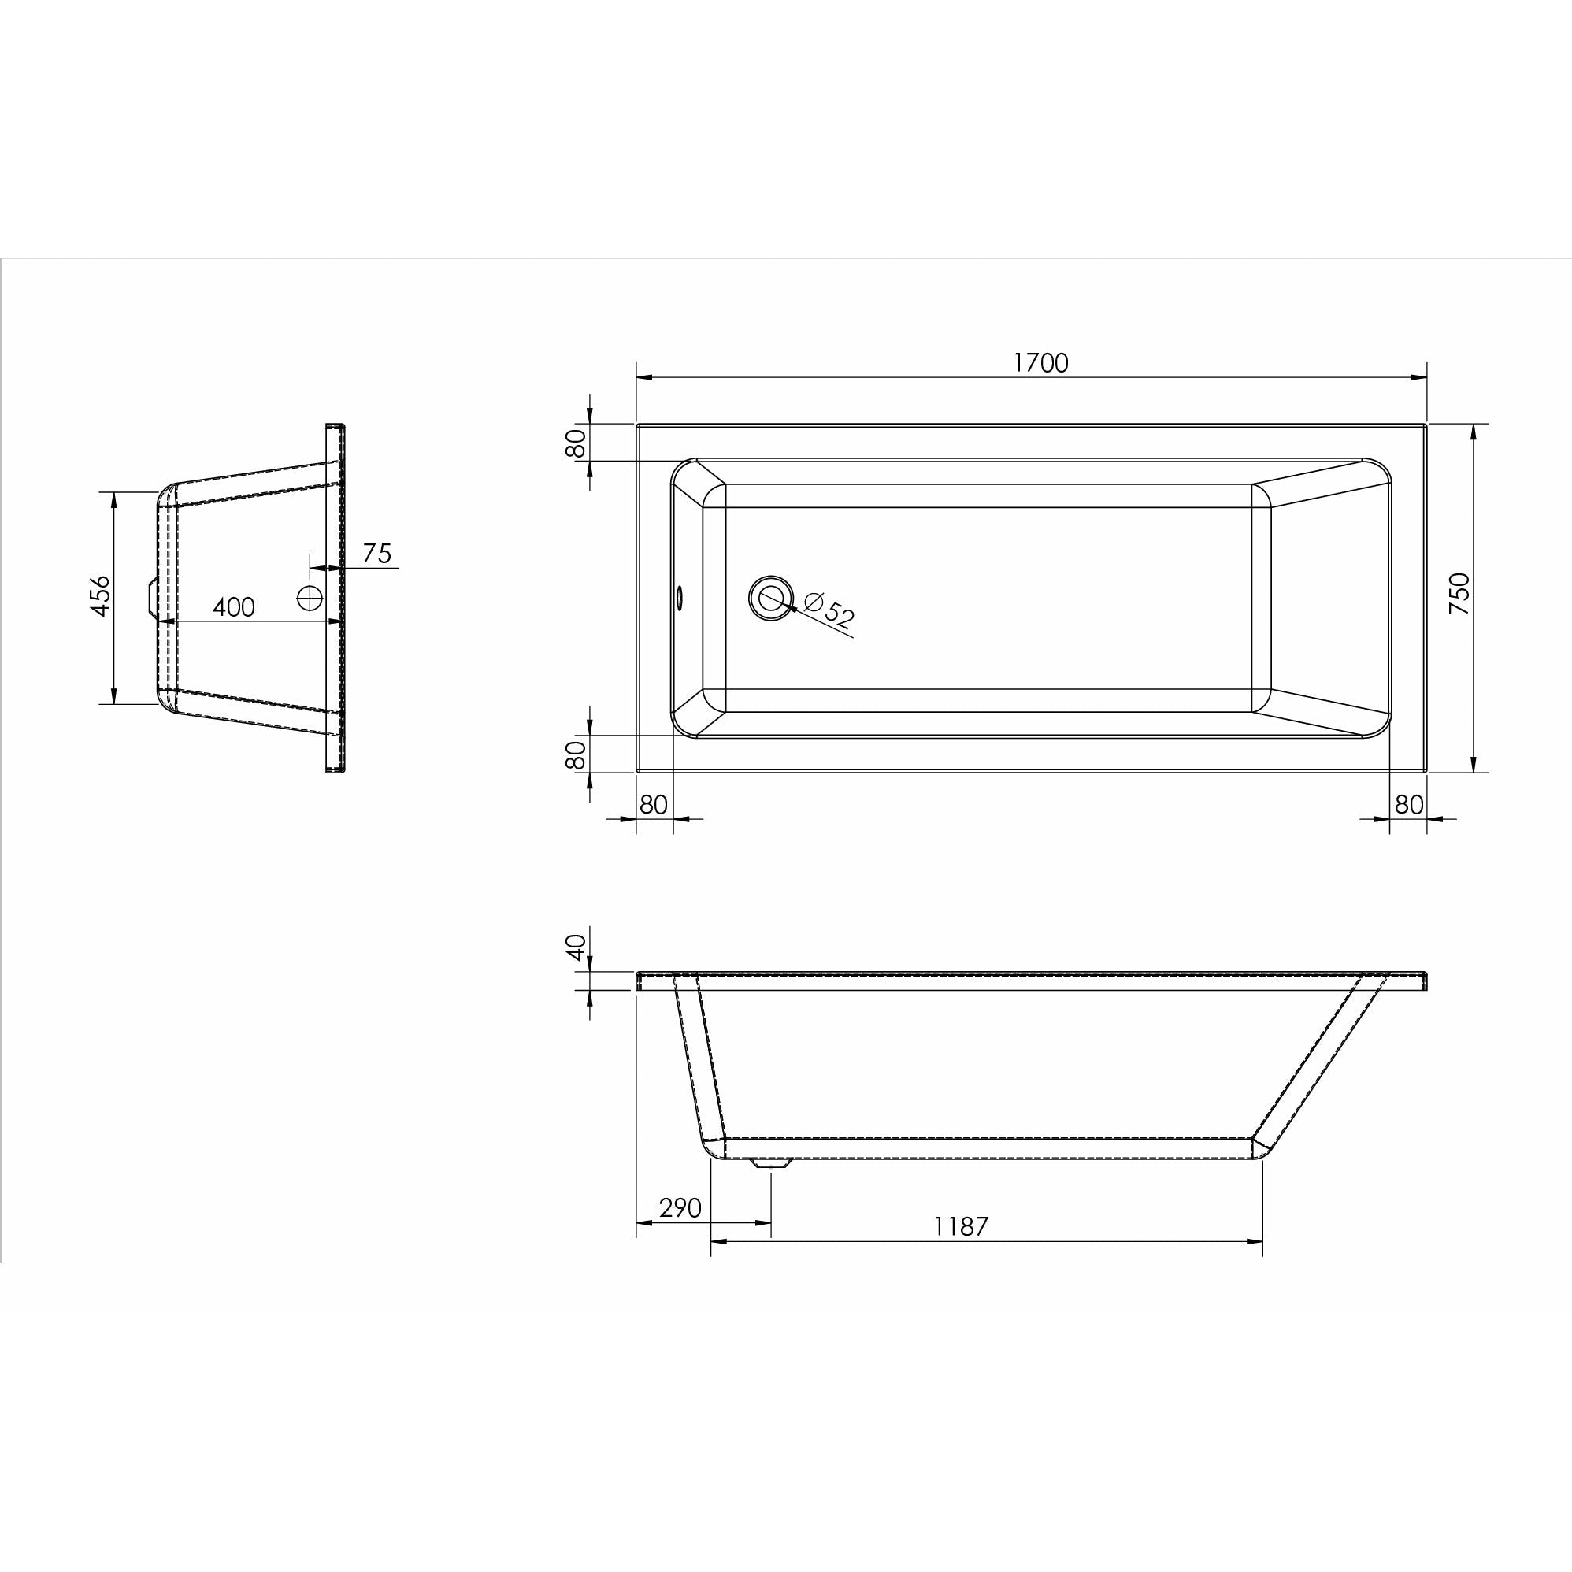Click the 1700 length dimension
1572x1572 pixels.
(1040, 363)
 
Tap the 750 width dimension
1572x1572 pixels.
(1460, 593)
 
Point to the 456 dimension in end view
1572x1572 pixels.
(99, 595)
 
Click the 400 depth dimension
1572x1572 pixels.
(234, 607)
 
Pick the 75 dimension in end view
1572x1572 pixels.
(376, 554)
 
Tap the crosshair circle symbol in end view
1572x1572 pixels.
(310, 597)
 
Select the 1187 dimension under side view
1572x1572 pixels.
(960, 1226)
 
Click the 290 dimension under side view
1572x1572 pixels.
(680, 1207)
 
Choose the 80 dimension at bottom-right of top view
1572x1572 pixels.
(1409, 804)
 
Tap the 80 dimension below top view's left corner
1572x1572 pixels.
(654, 804)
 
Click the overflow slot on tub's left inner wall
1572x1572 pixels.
(679, 598)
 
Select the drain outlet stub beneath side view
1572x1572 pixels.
(769, 1164)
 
